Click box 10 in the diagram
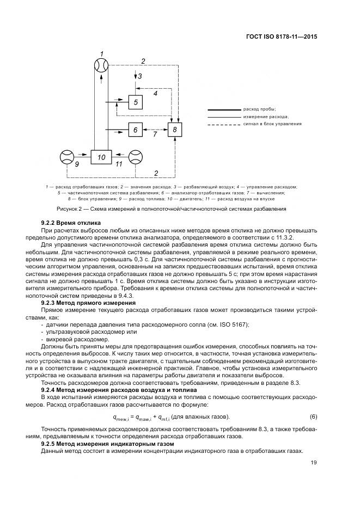[x=101, y=157]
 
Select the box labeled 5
[x=136, y=102]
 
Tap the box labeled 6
[x=136, y=130]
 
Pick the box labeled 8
[x=174, y=130]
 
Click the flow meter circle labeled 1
[x=101, y=66]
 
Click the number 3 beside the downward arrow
[x=140, y=77]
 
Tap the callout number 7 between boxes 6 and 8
[x=155, y=134]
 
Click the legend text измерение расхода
[x=266, y=116]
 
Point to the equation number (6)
[x=313, y=416]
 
